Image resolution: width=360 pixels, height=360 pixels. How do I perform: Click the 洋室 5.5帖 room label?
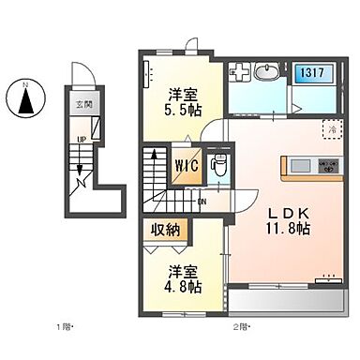coord(184,101)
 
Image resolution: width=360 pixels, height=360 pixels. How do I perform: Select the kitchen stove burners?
coord(329,165)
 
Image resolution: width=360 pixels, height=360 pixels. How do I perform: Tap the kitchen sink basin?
coord(301,166)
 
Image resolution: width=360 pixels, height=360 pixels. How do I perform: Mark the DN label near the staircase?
coord(202,201)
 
